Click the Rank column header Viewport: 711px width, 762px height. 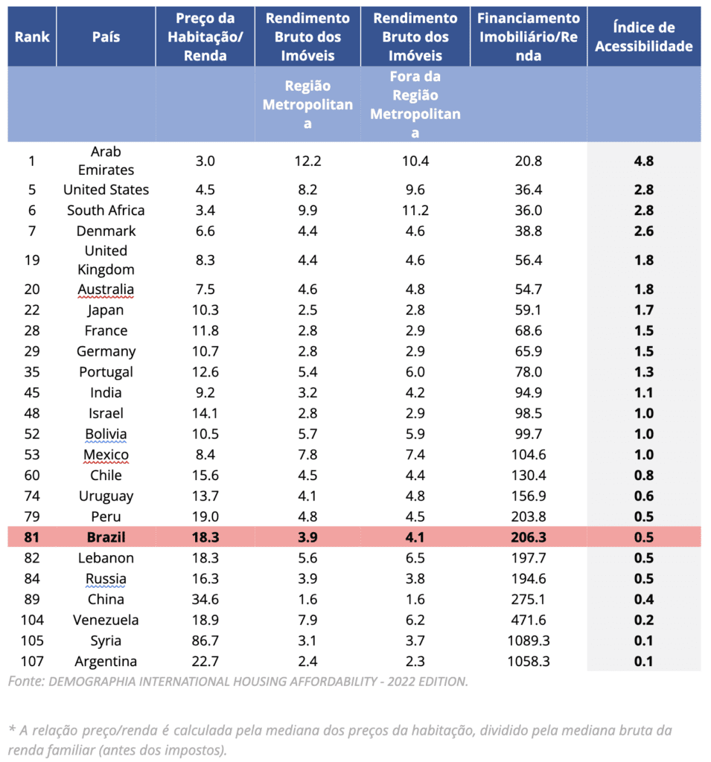click(x=32, y=37)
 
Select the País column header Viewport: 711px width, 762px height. click(x=106, y=37)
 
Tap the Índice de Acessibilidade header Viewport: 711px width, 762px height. click(x=644, y=37)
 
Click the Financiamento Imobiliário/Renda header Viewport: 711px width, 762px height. click(x=529, y=37)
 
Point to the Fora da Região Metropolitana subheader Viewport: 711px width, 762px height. click(x=415, y=104)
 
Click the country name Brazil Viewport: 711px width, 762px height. click(x=106, y=537)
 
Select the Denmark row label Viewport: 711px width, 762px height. click(x=106, y=231)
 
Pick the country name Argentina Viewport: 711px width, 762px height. click(x=106, y=662)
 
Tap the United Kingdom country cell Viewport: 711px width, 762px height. click(x=106, y=260)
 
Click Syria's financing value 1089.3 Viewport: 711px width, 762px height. click(x=529, y=641)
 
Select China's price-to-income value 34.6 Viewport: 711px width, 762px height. click(x=205, y=599)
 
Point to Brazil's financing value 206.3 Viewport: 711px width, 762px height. click(x=529, y=537)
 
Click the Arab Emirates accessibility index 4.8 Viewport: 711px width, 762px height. click(x=644, y=161)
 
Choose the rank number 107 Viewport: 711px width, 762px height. click(x=32, y=662)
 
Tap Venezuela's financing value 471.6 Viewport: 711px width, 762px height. click(x=529, y=620)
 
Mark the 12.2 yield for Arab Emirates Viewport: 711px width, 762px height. click(x=307, y=161)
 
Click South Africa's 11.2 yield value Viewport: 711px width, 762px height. click(x=415, y=211)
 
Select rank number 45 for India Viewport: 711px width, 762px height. click(x=32, y=393)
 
